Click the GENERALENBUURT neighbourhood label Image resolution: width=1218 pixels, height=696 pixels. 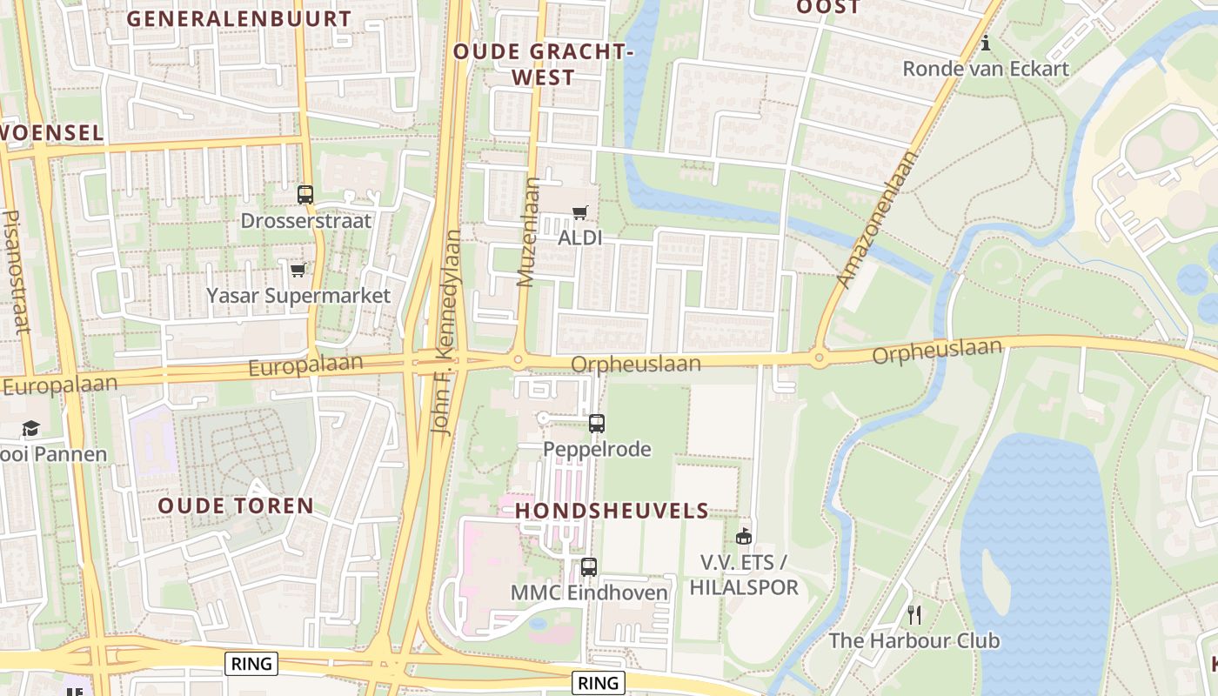click(239, 18)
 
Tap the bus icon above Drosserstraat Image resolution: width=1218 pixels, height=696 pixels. click(304, 195)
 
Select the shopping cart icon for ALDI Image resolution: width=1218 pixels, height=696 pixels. click(580, 212)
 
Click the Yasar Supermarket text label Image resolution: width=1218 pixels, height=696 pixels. click(298, 296)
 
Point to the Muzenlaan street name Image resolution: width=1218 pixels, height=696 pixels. click(527, 232)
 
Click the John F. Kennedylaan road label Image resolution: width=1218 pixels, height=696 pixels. click(445, 331)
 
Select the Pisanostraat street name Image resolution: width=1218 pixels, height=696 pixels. click(15, 271)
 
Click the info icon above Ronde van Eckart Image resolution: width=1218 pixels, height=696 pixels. click(985, 43)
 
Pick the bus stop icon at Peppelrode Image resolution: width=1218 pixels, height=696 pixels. click(596, 424)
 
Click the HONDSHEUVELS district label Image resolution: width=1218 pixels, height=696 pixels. click(612, 511)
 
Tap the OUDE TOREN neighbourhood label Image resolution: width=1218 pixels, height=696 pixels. click(236, 505)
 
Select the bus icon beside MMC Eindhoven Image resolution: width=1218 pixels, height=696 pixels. click(589, 567)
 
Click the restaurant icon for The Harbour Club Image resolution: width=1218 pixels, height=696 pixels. click(914, 615)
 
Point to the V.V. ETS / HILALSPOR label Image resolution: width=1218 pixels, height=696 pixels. click(744, 575)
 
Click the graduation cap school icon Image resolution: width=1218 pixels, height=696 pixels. click(31, 428)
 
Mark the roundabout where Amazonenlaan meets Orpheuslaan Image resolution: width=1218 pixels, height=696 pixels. click(819, 357)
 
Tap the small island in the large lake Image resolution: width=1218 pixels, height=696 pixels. click(995, 581)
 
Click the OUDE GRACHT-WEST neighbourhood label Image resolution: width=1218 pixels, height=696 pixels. click(541, 64)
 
